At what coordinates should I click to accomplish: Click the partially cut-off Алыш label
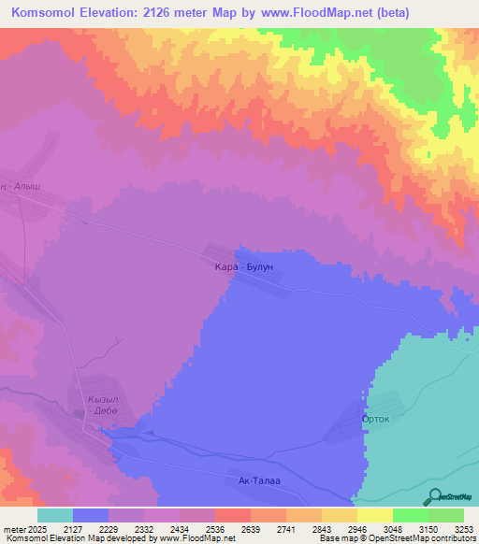click(x=20, y=186)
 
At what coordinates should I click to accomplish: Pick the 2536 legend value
click(x=199, y=529)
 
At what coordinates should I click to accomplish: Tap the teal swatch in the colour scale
click(x=55, y=515)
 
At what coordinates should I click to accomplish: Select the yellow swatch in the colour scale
click(x=375, y=515)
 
